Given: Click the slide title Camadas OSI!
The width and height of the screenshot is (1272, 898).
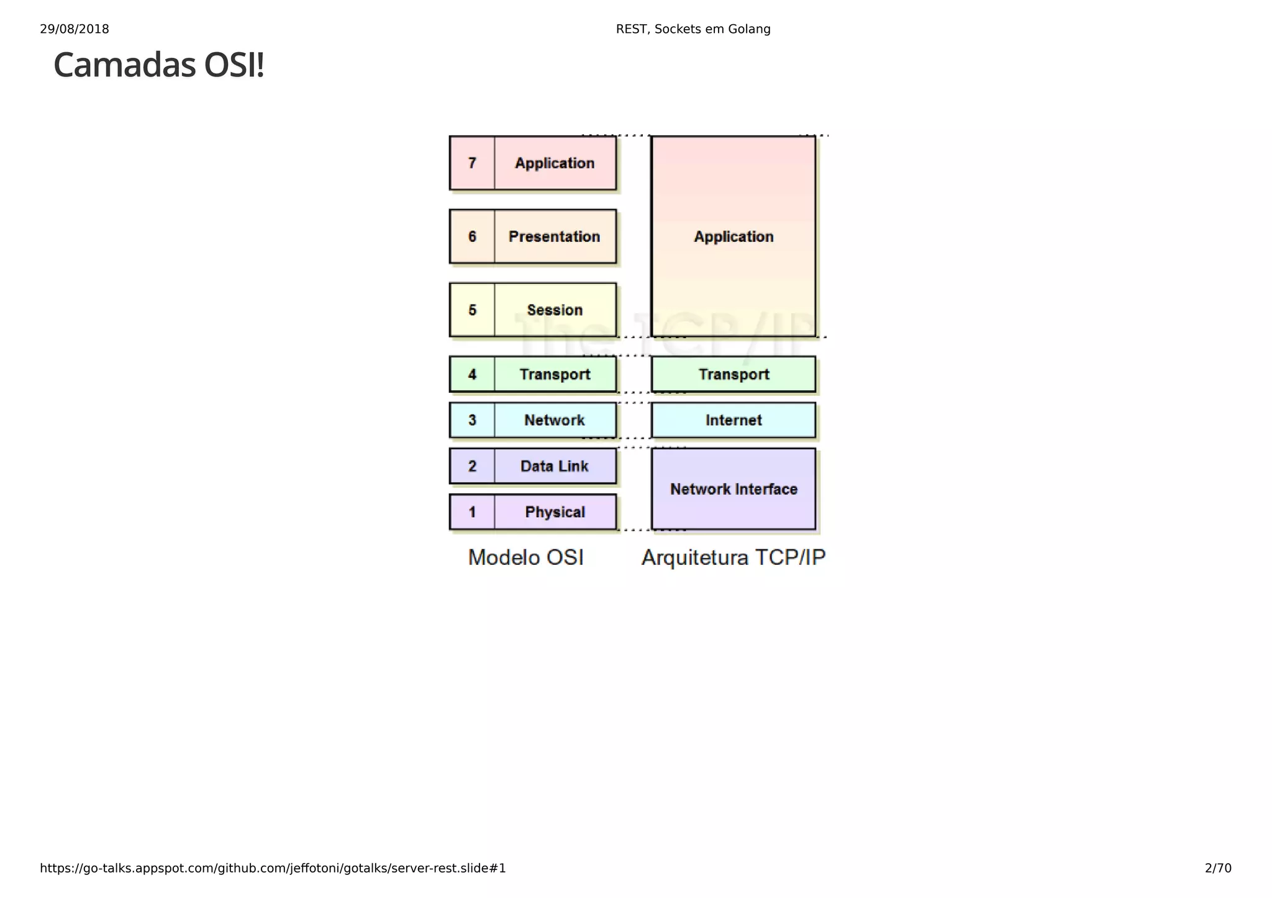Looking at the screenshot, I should (159, 65).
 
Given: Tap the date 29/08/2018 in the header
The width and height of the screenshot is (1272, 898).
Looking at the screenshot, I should (75, 29).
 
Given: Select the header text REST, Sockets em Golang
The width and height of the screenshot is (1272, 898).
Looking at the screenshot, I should (693, 29).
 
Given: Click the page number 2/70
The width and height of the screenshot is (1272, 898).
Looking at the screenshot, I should (1218, 868).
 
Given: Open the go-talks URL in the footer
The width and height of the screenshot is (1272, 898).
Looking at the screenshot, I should (273, 868).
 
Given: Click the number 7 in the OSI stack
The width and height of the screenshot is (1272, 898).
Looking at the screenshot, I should (472, 163).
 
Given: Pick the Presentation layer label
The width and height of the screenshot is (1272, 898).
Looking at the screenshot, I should (554, 237).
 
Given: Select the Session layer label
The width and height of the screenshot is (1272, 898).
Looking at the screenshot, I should (555, 310).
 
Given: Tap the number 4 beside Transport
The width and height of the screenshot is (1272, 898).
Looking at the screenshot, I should (472, 375).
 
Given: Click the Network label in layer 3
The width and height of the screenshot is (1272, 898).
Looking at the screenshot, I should (554, 421).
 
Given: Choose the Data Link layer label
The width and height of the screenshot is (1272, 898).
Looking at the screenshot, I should (554, 467).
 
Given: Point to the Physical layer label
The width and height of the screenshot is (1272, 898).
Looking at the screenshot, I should (555, 513).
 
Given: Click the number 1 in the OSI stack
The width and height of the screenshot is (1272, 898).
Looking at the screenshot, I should (472, 513).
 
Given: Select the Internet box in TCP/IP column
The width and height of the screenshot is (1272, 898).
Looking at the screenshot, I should (734, 421).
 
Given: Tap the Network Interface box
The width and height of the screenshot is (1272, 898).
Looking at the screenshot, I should (734, 490).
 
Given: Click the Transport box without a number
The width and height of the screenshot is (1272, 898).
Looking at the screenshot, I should (734, 375).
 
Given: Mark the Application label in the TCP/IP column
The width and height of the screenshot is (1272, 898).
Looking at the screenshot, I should (734, 237).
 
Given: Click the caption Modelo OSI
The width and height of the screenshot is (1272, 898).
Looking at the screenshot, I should (525, 557).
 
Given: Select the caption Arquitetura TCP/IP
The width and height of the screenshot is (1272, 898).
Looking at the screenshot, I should (734, 557).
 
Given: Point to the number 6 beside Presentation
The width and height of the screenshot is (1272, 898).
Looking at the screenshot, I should (472, 237).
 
